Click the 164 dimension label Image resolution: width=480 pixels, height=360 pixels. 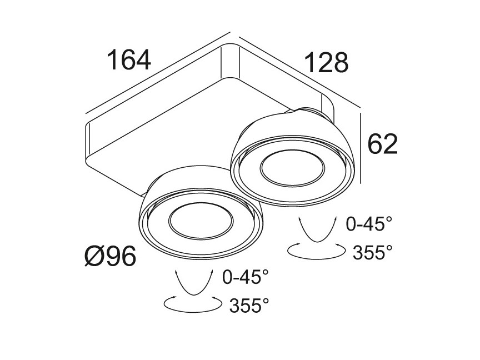[128, 60]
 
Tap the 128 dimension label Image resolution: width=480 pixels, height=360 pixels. [326, 63]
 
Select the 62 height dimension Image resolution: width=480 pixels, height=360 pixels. [382, 143]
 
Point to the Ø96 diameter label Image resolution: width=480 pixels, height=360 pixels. [110, 256]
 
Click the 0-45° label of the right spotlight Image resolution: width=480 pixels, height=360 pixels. [369, 224]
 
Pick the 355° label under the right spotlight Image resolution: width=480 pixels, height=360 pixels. [373, 252]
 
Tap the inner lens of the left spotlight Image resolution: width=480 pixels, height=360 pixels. [201, 221]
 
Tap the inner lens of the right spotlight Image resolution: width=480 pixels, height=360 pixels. [292, 168]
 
